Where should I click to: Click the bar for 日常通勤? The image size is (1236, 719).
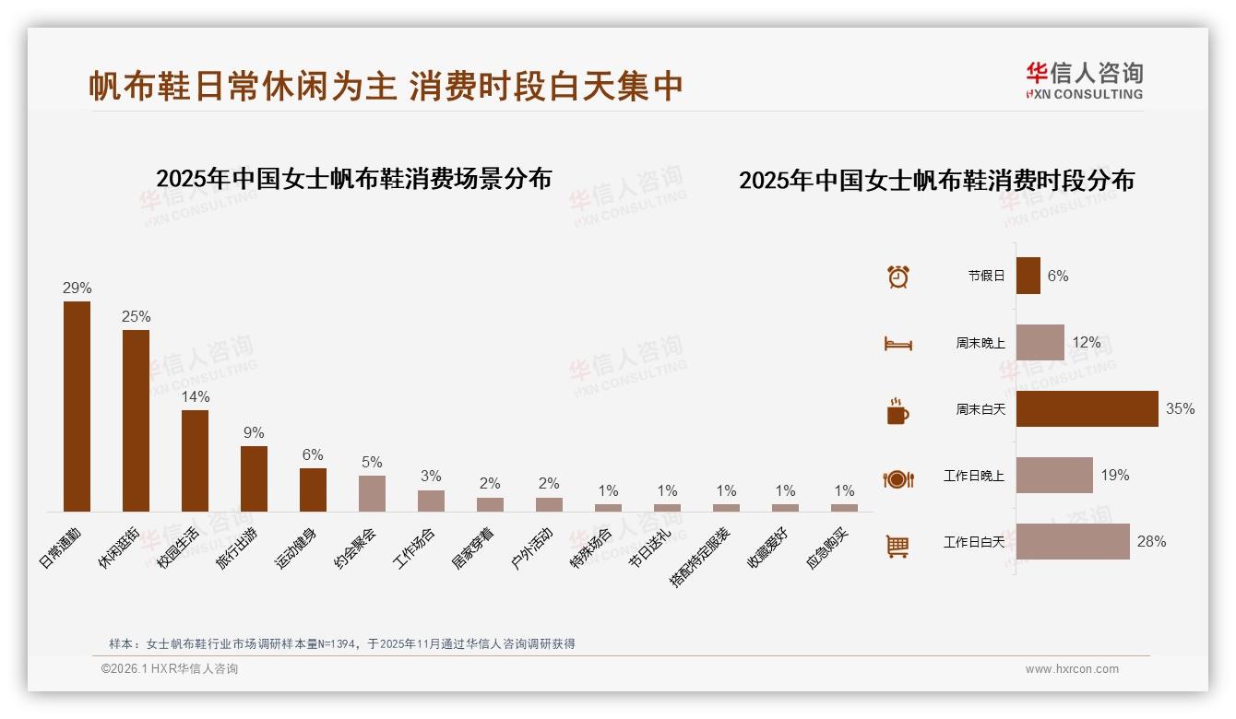[77, 406]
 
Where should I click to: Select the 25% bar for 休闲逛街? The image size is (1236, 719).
[136, 420]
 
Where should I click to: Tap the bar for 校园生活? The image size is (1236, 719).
[195, 460]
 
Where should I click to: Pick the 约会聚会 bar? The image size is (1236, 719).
[372, 493]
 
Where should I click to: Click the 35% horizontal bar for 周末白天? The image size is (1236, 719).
[1087, 408]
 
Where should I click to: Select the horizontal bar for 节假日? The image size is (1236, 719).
[1028, 276]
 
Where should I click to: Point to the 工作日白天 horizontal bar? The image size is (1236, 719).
[1073, 541]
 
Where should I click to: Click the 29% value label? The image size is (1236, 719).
[77, 288]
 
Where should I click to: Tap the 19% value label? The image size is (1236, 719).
[1114, 475]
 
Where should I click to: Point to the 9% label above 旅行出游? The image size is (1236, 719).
[254, 432]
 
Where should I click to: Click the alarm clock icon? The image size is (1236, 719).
[897, 277]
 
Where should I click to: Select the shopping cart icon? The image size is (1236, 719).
[897, 546]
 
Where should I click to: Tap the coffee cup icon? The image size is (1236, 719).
[897, 411]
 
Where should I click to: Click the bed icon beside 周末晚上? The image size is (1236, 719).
[897, 344]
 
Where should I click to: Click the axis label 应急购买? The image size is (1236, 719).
[831, 547]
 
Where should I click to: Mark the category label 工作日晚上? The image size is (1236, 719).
[973, 476]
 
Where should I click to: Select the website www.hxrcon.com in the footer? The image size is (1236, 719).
[1072, 669]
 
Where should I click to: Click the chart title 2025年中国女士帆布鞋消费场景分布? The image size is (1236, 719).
[353, 178]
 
